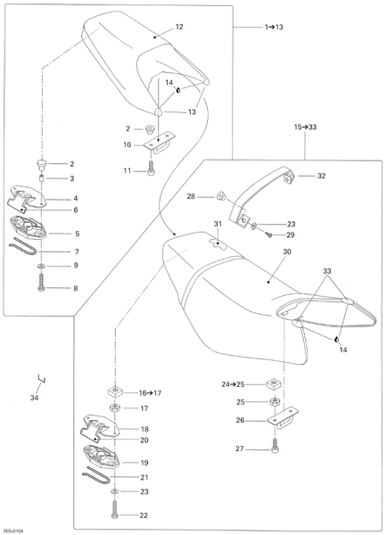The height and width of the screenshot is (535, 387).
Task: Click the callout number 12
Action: point(179,27)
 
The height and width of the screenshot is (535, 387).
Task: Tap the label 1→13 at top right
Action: point(274,27)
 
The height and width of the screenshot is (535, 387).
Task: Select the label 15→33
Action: point(306,128)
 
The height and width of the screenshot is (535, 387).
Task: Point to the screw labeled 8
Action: point(41,282)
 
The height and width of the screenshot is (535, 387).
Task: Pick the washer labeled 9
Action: point(41,266)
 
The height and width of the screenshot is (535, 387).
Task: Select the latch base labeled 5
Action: point(28,226)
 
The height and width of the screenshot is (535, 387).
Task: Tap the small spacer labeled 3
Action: point(41,178)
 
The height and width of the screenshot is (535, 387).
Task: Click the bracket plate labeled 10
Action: point(159,143)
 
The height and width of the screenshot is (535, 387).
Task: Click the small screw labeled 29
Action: point(269,235)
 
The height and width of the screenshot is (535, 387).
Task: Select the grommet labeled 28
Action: point(221,196)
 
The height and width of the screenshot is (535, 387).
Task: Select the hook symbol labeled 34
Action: point(41,379)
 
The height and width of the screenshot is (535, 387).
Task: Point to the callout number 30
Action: point(287,251)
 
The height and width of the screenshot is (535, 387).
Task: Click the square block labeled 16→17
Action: point(115,391)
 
